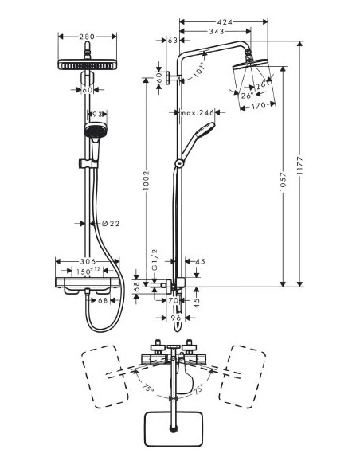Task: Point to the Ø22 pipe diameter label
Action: pos(112,225)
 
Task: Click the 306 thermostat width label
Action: pos(88,261)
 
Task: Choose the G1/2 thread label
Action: pos(165,260)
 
